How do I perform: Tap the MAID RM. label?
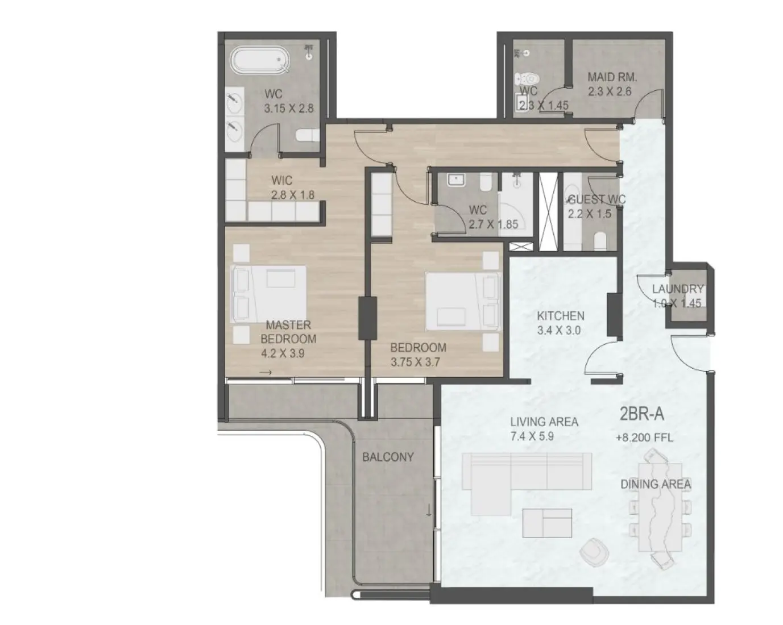point(612,77)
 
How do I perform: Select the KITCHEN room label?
point(560,316)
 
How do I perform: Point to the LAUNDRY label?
point(677,289)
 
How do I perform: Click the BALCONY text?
point(388,457)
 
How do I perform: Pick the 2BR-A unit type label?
point(641,414)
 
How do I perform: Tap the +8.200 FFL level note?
point(644,438)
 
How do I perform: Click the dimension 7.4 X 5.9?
point(532,436)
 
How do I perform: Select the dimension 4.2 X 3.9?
point(283,353)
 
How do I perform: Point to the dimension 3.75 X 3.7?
point(415,362)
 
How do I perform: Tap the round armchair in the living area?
point(594,550)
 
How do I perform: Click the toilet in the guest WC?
point(600,241)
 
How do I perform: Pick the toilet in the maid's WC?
point(527,80)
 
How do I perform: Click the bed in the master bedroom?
point(270,295)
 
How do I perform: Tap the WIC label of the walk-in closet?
point(282,181)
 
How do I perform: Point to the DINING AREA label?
point(656,485)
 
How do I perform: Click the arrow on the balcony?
point(429,510)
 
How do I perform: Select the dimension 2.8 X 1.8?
point(292,195)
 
